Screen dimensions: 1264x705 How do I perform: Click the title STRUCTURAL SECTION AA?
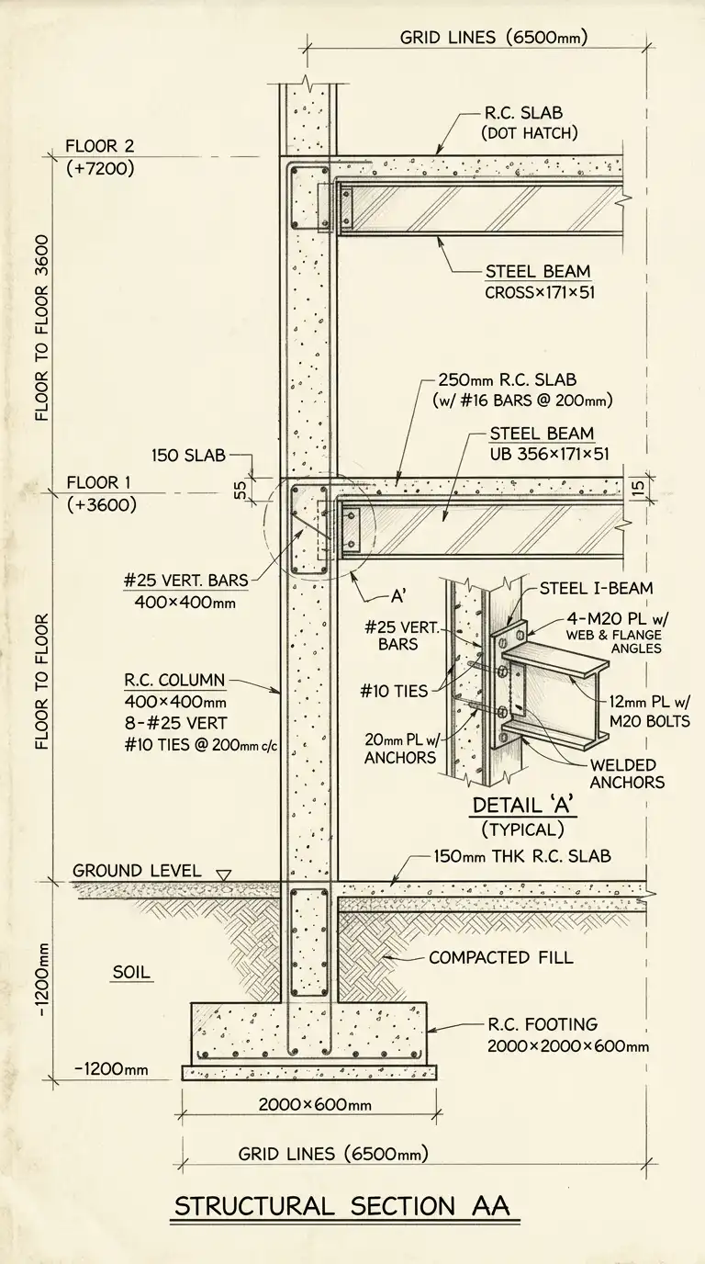click(x=346, y=1205)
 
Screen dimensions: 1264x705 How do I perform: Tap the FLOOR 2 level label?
click(x=99, y=146)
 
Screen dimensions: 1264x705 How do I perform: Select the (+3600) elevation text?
click(x=101, y=504)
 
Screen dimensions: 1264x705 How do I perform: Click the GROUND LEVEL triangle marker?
click(x=221, y=874)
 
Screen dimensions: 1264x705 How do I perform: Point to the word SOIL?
click(x=131, y=972)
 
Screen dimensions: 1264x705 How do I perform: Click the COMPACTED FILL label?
click(x=500, y=957)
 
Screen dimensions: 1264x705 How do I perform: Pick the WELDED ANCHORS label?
click(x=628, y=773)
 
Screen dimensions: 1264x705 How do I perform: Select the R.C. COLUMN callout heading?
click(x=174, y=681)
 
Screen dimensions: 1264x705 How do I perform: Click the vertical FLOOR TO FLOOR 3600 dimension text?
click(x=42, y=326)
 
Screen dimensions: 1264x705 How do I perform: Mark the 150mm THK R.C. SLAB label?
click(x=521, y=856)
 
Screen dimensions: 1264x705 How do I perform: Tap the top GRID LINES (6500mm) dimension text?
click(x=493, y=38)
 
